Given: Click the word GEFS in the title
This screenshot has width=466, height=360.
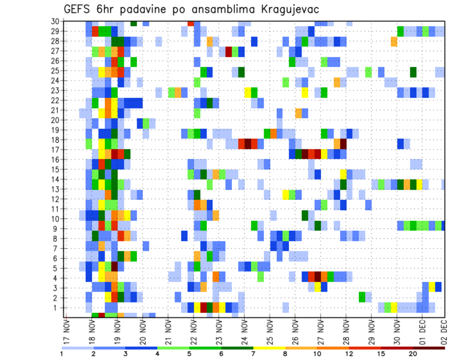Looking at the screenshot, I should pyautogui.click(x=76, y=10).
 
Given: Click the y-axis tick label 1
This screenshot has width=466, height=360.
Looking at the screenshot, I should pyautogui.click(x=57, y=308).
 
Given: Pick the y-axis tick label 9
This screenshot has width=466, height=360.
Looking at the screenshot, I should pyautogui.click(x=57, y=229).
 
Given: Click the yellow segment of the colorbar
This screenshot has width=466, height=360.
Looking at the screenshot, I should pyautogui.click(x=269, y=348).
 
